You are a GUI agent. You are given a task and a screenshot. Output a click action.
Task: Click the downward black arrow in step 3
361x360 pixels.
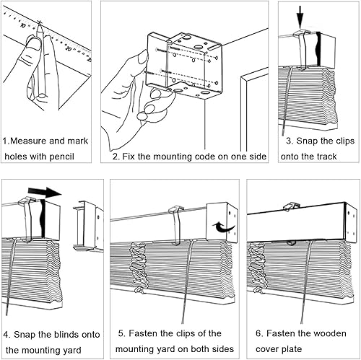pos(300,17)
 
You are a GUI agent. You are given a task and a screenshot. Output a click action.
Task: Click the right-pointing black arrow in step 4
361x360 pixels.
pos(45,191)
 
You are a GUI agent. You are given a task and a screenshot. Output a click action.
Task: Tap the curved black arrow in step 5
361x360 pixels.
pos(223,227)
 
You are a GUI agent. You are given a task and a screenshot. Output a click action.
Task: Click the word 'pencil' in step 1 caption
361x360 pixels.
pos(62,157)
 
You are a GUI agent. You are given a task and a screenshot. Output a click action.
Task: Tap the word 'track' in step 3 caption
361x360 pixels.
pos(326,157)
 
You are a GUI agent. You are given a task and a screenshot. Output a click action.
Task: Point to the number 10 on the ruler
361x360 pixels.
pos(23,25)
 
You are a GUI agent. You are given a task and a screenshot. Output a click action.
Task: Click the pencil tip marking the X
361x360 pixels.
pos(40,23)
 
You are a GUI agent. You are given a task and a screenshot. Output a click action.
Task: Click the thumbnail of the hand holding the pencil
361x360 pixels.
pos(34,44)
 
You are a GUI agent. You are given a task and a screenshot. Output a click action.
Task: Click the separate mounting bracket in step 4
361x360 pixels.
pos(88,226)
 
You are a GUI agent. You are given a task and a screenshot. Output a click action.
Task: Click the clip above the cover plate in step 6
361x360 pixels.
pos(292,206)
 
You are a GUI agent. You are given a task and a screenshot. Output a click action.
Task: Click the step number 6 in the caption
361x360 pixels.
pos(258,333)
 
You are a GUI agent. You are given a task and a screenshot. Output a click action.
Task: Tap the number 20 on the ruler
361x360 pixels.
pos(69,48)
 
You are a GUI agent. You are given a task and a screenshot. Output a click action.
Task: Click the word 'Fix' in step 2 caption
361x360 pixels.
pos(129,157)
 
